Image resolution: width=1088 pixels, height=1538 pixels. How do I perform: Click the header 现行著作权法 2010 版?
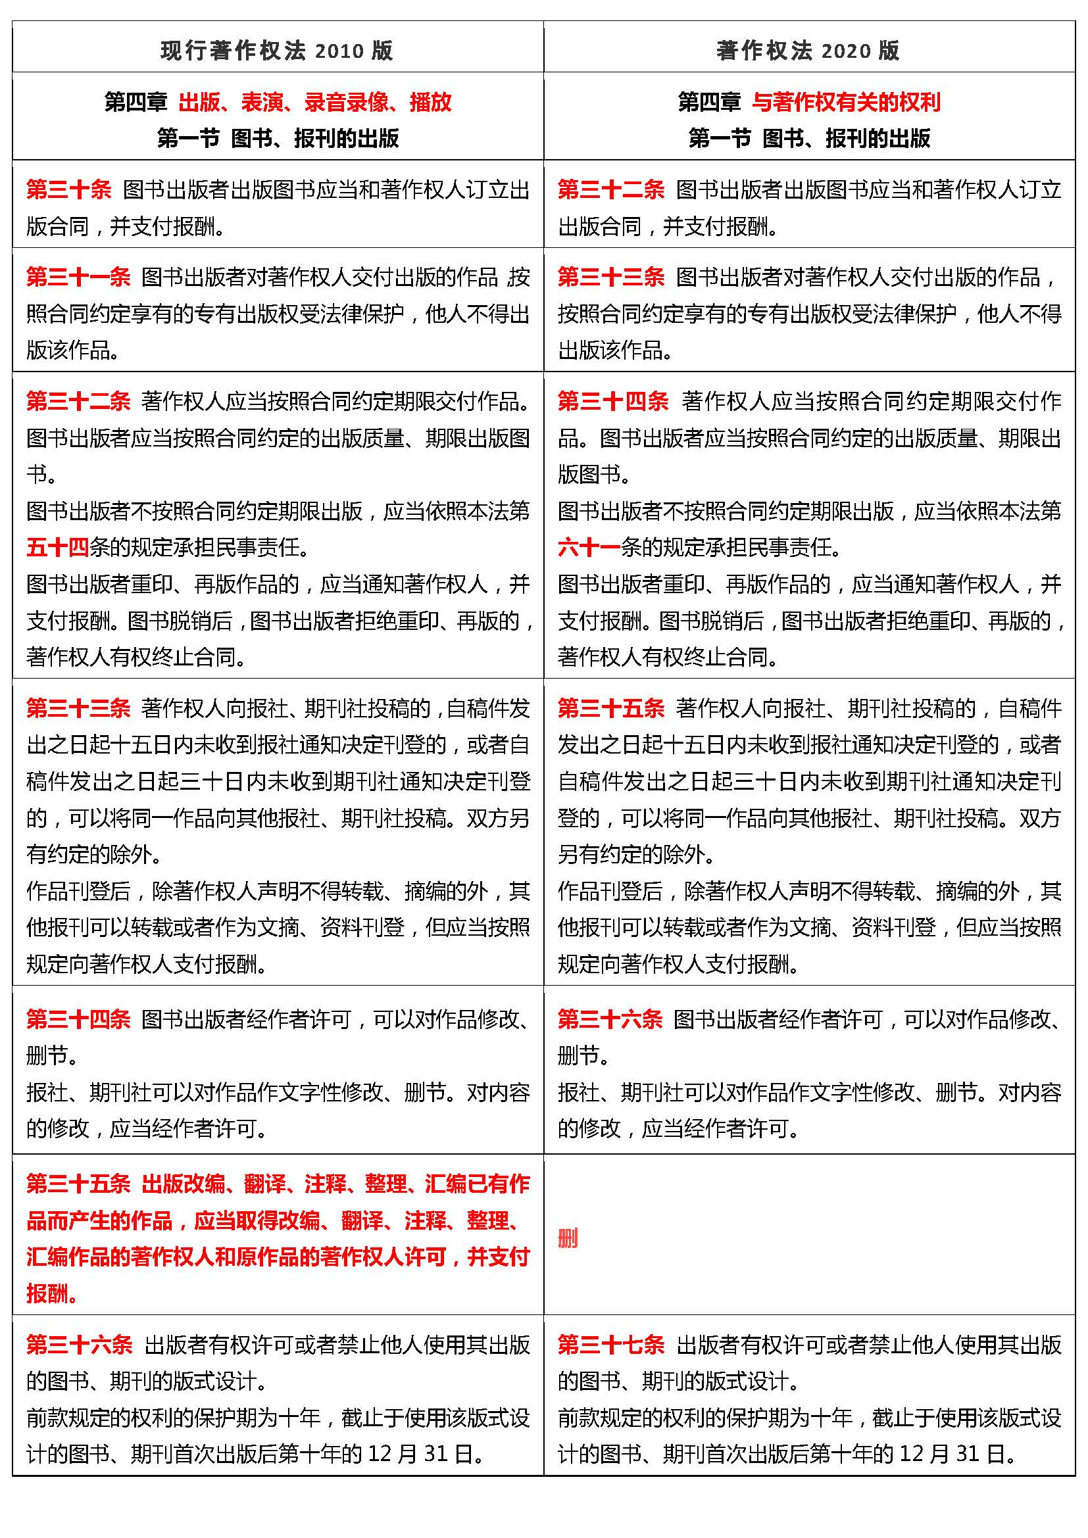click(x=277, y=51)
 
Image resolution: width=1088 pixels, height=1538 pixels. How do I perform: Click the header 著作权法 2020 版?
click(x=808, y=51)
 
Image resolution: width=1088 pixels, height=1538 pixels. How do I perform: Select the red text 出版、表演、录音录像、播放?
click(x=315, y=103)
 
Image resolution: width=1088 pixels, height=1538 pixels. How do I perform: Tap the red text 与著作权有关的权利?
click(x=845, y=103)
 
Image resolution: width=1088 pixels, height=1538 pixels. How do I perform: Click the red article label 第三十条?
click(x=69, y=190)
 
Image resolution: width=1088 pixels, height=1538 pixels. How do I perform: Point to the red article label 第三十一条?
click(x=78, y=277)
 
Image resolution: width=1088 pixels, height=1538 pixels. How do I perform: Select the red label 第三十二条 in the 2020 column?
click(x=610, y=190)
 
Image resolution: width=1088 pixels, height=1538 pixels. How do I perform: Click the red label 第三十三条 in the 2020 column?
click(x=610, y=277)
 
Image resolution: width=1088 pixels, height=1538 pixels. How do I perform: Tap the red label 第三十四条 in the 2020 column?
click(x=612, y=401)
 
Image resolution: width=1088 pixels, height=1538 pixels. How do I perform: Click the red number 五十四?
click(x=58, y=548)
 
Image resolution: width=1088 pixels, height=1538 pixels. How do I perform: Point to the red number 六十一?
click(x=589, y=548)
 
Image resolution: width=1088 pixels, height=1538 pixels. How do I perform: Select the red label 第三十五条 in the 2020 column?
click(x=610, y=708)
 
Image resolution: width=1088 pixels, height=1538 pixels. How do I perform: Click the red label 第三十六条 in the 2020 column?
click(x=610, y=1020)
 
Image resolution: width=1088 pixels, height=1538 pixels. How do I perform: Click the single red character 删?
click(x=568, y=1239)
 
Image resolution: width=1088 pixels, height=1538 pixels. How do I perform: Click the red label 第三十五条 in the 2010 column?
click(x=78, y=1184)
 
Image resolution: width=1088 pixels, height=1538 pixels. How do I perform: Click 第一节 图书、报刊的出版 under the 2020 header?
click(x=808, y=139)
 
